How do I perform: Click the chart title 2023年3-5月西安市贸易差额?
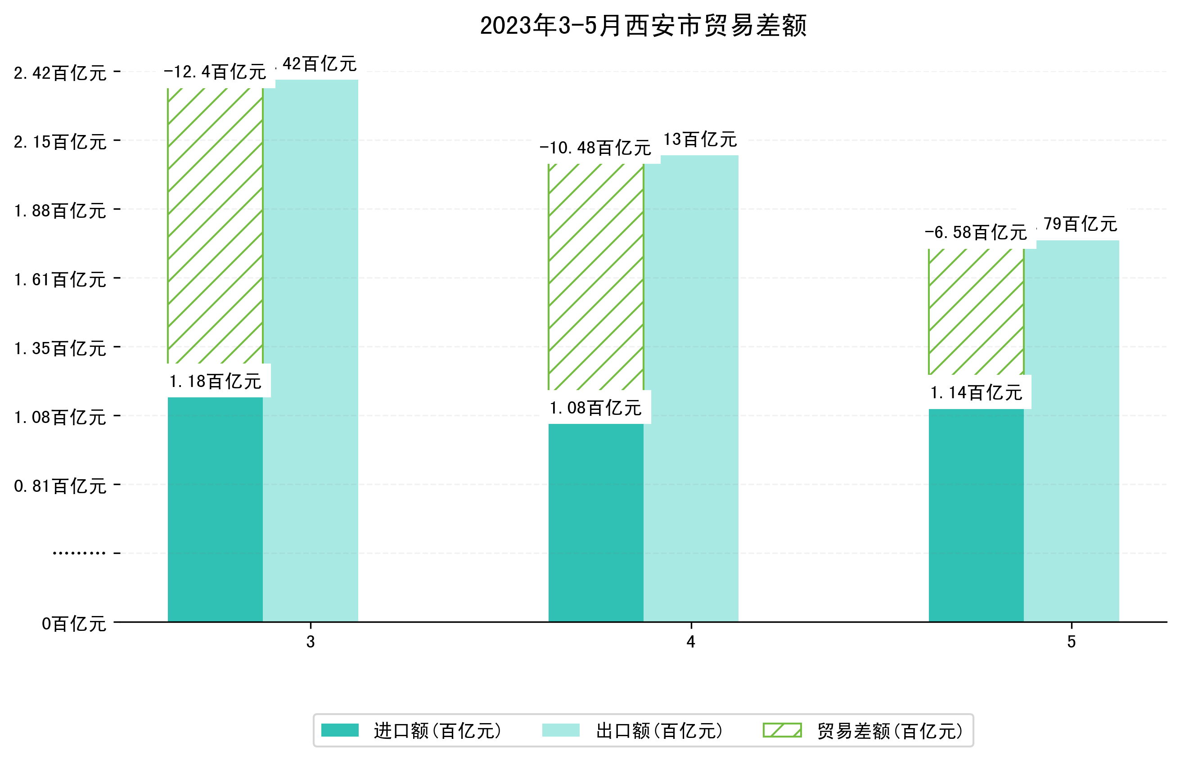click(643, 26)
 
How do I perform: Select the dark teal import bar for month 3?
click(215, 508)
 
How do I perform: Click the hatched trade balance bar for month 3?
click(215, 225)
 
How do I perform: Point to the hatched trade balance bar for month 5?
click(976, 311)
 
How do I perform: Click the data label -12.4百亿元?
click(215, 72)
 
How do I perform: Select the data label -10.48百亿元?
click(595, 148)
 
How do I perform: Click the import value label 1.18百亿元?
click(215, 382)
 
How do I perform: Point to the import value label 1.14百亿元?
click(976, 393)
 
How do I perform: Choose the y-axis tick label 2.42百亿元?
click(60, 73)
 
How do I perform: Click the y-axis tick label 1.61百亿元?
click(60, 280)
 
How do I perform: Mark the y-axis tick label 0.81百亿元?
click(60, 486)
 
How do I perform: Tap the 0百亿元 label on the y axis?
click(74, 624)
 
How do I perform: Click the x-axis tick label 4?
click(691, 642)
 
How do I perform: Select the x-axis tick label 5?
click(1072, 642)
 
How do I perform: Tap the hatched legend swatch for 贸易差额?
click(782, 730)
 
